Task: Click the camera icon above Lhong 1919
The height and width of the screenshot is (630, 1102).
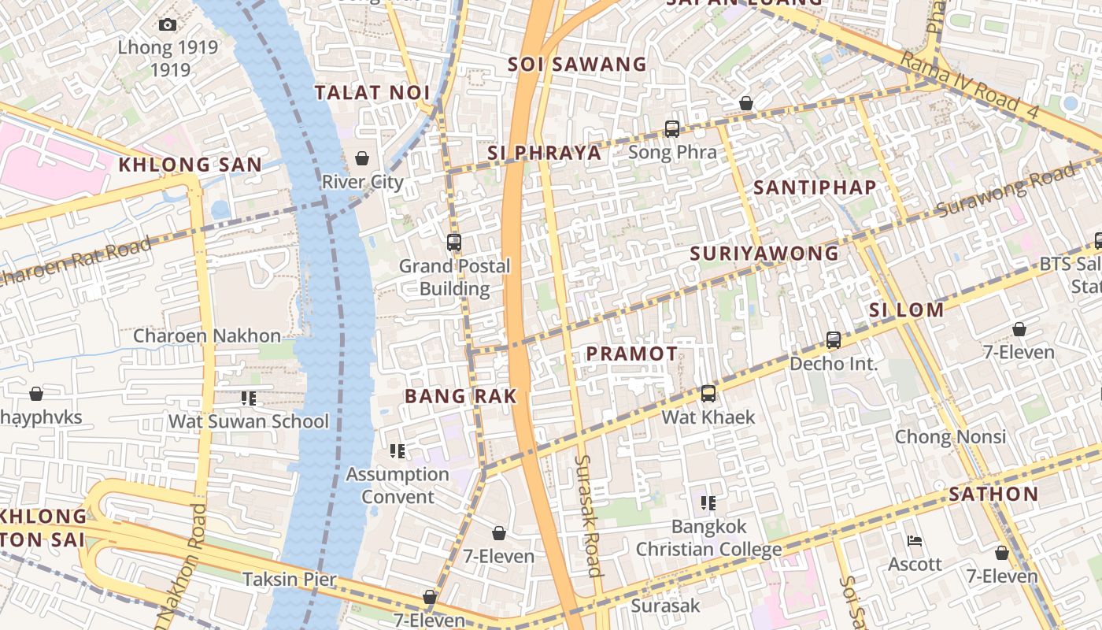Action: [x=168, y=25]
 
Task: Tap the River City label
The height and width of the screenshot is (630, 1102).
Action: [x=362, y=182]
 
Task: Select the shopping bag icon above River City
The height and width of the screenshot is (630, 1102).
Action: [x=362, y=158]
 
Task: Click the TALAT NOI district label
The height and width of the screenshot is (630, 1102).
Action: [x=373, y=93]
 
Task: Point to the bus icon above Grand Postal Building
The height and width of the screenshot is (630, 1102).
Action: [x=454, y=243]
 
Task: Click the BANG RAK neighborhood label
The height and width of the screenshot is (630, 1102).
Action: [x=461, y=396]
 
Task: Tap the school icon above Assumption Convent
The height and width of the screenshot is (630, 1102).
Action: [x=398, y=451]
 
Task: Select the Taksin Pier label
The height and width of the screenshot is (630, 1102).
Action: [x=290, y=580]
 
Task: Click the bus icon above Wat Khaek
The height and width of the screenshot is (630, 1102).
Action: [x=708, y=394]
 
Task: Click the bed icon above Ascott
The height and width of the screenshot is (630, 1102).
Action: [x=915, y=541]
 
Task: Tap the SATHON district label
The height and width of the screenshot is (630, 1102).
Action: [x=993, y=495]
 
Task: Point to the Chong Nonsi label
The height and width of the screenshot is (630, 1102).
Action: [x=950, y=436]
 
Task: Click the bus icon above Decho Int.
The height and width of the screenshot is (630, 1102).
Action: [x=834, y=340]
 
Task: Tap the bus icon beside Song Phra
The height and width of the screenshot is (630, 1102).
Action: [x=672, y=129]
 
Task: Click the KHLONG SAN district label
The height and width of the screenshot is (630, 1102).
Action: [x=190, y=165]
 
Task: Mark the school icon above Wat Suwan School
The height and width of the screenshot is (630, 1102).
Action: [x=249, y=398]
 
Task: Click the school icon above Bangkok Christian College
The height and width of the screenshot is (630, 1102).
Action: [x=708, y=502]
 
